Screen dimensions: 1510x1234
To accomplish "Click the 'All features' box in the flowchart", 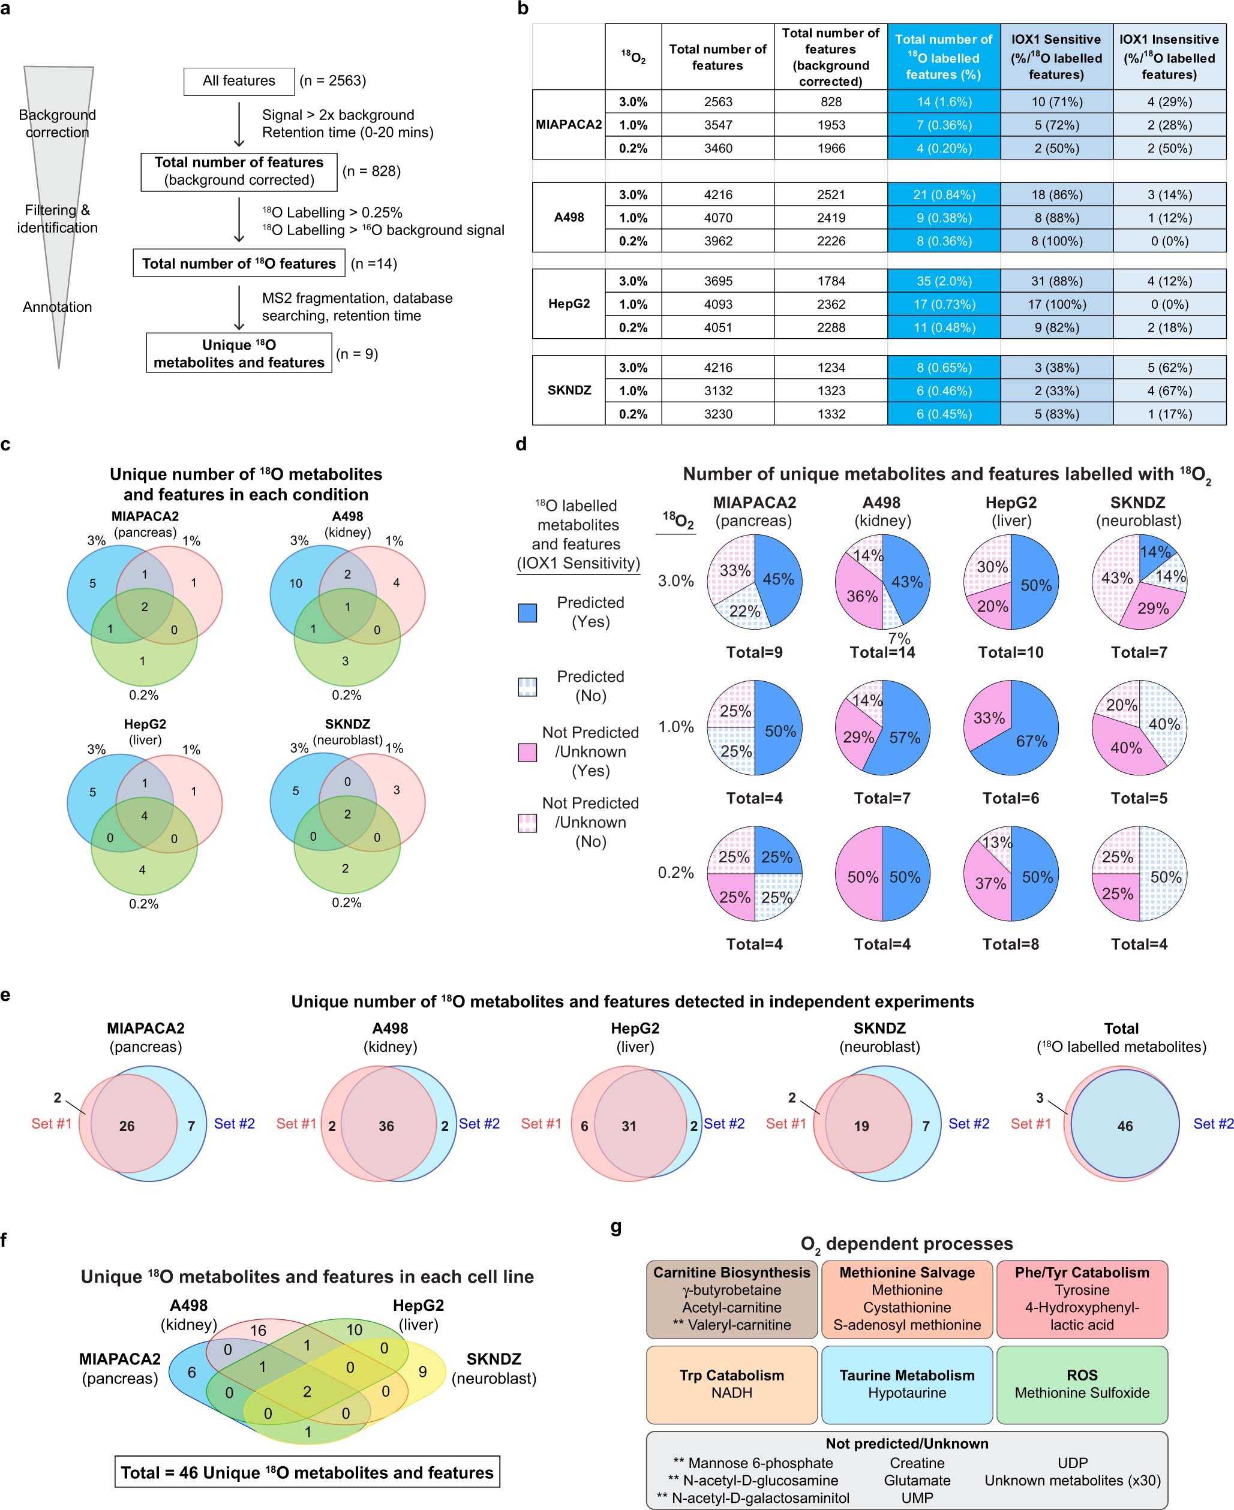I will [239, 81].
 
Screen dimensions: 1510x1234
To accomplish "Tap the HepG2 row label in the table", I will [569, 304].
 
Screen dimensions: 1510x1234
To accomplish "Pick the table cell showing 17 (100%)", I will [1056, 305].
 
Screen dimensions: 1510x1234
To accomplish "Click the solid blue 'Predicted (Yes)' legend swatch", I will [527, 612].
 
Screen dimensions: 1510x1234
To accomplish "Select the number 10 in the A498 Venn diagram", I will [296, 583].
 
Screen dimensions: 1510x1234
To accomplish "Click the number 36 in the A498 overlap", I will [386, 1126].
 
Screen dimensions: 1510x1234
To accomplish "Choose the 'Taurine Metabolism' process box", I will [906, 1383].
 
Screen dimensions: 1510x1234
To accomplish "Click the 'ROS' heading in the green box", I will [1081, 1375].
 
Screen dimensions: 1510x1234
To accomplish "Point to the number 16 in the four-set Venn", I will [257, 1330].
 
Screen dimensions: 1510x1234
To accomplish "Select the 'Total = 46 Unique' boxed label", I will [307, 1472].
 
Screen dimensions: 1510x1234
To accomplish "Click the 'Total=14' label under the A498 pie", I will [882, 652].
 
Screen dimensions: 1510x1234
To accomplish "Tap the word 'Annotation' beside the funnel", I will [58, 307].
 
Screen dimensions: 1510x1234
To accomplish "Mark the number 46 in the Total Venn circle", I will [1125, 1126].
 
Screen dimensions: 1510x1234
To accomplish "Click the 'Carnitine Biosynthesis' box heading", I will [731, 1273].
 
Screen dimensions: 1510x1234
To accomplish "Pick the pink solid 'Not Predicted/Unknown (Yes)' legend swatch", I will [527, 753].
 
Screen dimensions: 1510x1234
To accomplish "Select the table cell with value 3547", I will [718, 125].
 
